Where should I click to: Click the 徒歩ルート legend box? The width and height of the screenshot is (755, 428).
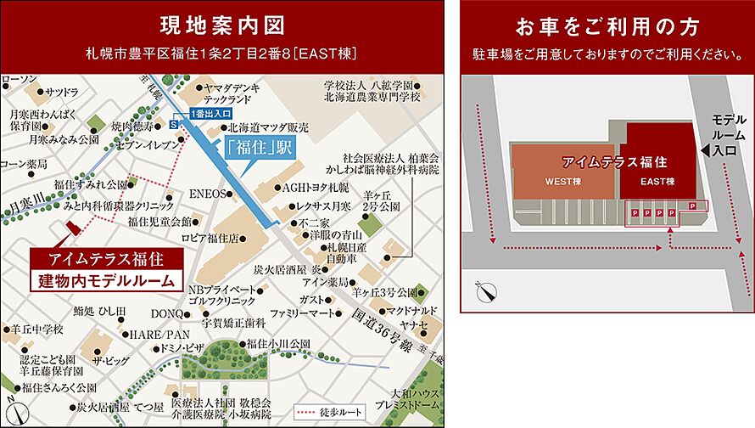329,412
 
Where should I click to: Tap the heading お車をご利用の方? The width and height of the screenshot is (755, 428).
607,25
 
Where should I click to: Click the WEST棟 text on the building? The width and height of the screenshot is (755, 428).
562,181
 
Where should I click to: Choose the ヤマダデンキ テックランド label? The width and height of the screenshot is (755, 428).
231,93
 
